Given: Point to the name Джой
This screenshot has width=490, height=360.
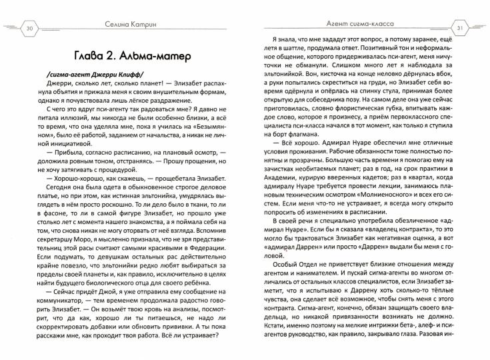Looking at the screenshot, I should pyautogui.click(x=111, y=312).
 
